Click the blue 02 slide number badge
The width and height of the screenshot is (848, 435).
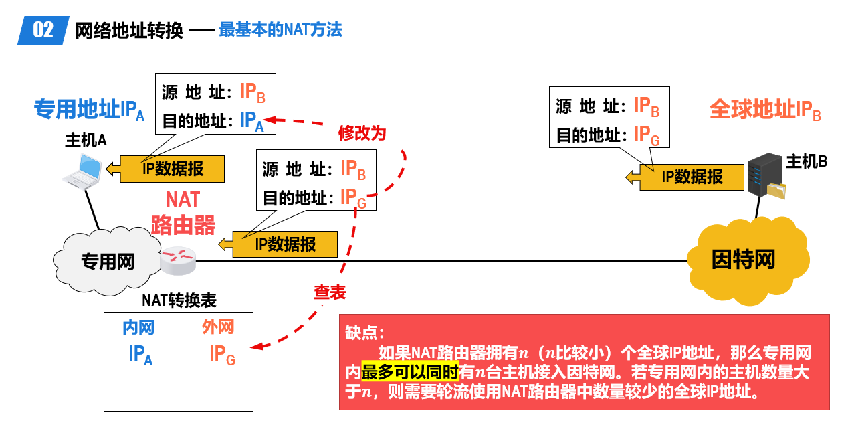click(43, 30)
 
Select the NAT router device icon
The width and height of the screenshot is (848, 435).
click(177, 260)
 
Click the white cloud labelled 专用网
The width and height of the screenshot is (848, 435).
click(107, 261)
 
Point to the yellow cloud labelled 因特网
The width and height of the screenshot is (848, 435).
click(748, 261)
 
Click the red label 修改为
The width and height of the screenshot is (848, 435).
click(362, 133)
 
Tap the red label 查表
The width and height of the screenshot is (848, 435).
click(330, 292)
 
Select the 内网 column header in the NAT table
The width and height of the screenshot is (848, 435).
click(138, 327)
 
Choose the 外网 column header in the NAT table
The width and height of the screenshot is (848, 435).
click(218, 327)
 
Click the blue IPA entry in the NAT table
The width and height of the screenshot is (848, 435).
click(140, 355)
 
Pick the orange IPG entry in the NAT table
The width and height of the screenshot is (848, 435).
click(223, 355)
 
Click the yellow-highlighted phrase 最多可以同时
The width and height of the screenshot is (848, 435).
click(410, 372)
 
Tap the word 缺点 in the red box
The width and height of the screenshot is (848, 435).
click(360, 333)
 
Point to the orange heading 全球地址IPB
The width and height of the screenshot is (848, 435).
click(765, 110)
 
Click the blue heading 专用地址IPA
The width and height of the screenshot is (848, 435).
click(90, 110)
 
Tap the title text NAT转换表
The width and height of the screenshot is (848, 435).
click(179, 300)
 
